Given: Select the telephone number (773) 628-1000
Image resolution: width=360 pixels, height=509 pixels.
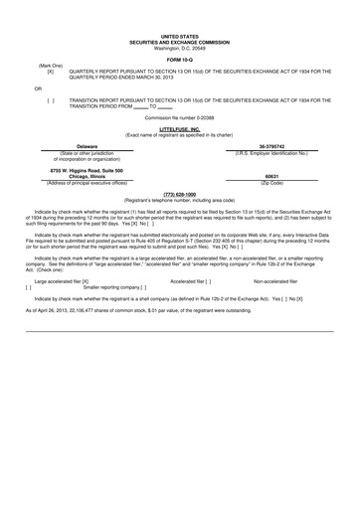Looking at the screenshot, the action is (x=179, y=194).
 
